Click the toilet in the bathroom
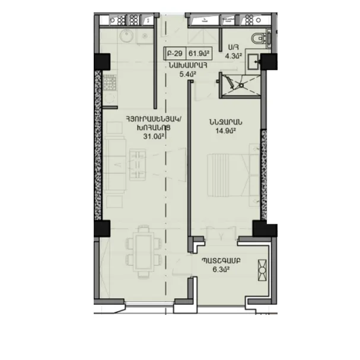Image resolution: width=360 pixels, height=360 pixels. click(259, 38)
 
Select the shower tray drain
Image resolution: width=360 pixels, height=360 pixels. click(241, 85)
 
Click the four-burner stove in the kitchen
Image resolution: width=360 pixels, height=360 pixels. click(110, 82)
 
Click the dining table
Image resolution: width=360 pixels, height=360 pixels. click(144, 252)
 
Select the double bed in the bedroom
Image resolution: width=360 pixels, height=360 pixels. click(233, 175)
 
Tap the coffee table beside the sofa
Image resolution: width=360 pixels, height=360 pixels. click(138, 164)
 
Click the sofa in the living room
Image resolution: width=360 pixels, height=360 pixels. click(115, 164)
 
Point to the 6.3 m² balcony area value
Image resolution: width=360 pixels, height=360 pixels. click(221, 269)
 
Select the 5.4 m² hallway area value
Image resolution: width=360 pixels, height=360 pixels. click(187, 74)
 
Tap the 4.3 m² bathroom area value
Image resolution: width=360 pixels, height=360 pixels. click(233, 56)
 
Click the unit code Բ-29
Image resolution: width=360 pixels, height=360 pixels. click(175, 53)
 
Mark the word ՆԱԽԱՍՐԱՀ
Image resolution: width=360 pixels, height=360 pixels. click(188, 66)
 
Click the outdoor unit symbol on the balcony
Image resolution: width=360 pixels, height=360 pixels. click(262, 270)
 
